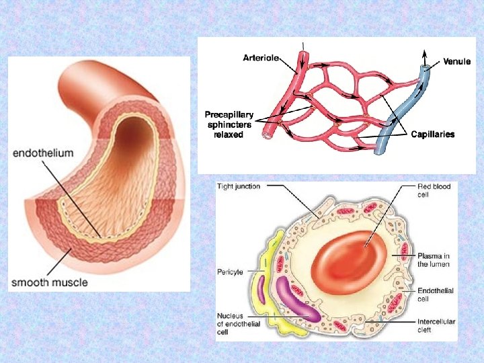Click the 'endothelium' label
click(42, 153)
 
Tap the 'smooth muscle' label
click(49, 282)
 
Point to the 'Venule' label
click(457, 61)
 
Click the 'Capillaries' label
click(432, 134)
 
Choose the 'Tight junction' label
click(239, 186)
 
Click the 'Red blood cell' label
click(434, 190)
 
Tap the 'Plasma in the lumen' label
click(434, 260)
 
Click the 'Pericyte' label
click(230, 272)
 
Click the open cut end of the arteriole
click(267, 134)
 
